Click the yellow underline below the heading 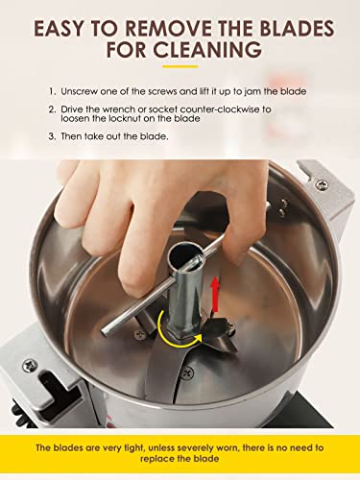point(180,66)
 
